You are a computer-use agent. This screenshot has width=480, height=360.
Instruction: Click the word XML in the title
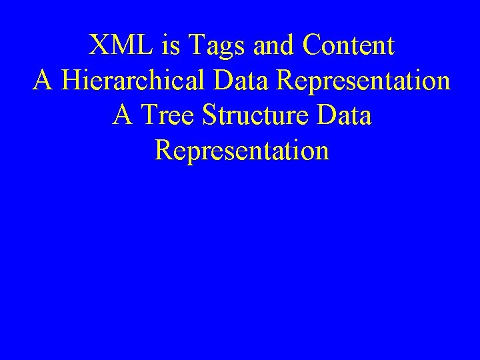[125, 46]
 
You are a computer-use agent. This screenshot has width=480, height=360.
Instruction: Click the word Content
[348, 46]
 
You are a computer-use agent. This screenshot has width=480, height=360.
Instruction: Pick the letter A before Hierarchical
[43, 81]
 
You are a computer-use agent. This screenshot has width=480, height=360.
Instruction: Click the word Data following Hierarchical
[246, 81]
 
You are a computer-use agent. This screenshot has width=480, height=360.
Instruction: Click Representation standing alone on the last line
[241, 151]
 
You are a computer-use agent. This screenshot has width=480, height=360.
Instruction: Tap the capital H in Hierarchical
[71, 81]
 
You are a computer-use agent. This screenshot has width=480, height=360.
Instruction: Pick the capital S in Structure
[209, 116]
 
